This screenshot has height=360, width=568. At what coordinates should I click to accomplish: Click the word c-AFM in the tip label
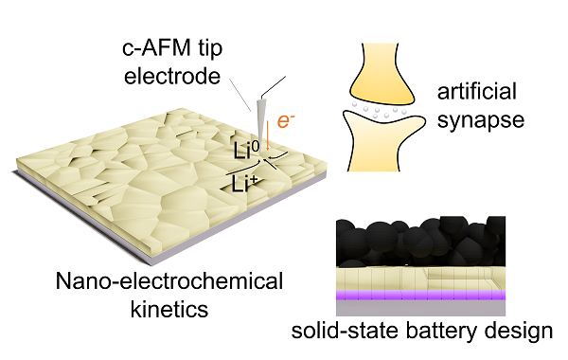(156, 48)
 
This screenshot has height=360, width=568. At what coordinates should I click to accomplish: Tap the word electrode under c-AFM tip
(172, 76)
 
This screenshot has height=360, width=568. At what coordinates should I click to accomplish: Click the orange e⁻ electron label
(286, 120)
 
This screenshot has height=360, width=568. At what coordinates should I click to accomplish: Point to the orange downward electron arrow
(267, 135)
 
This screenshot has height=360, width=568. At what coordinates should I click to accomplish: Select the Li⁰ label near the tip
(246, 151)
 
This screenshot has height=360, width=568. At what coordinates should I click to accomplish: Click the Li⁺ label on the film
(245, 184)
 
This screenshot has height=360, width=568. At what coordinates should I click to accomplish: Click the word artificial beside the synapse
(477, 91)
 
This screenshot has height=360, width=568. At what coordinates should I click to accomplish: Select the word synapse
(481, 120)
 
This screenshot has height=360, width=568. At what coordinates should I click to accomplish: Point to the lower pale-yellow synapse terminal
(382, 142)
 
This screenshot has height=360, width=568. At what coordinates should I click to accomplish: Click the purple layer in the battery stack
(420, 295)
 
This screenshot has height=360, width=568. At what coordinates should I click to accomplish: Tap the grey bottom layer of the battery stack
(420, 308)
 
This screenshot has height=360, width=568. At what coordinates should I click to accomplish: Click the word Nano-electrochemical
(169, 281)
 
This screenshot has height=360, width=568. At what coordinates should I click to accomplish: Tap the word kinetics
(169, 309)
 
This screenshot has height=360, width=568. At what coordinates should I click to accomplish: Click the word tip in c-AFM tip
(210, 49)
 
